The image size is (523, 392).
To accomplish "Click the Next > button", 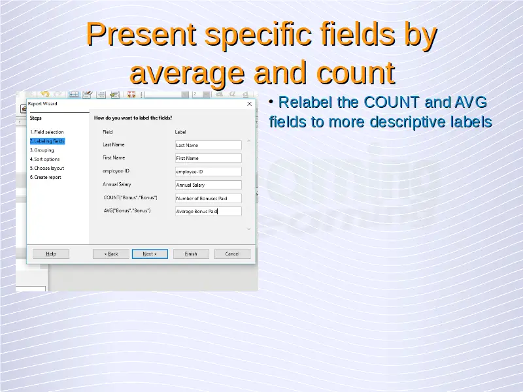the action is (150, 253).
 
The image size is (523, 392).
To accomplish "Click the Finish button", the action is (191, 253).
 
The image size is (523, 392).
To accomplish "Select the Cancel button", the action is (232, 253).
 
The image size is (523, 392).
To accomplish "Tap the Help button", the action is (51, 253).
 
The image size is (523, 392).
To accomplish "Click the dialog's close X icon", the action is (249, 104).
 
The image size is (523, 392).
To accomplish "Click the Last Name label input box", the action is (208, 145).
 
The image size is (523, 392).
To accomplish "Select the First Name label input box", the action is (208, 158).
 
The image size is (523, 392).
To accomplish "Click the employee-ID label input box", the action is (208, 171).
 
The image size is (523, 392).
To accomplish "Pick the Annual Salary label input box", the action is (208, 185).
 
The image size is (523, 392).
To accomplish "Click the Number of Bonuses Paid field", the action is (208, 198).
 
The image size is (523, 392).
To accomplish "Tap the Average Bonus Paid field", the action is (208, 211).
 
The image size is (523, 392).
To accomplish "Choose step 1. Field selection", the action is (46, 132).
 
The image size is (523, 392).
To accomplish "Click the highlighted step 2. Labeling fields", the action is (47, 141).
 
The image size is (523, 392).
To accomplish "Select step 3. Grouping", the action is (42, 150).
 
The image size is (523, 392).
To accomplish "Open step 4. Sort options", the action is (44, 159).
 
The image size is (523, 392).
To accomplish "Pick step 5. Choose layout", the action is (46, 168).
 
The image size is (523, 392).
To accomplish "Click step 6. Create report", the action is (45, 177).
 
